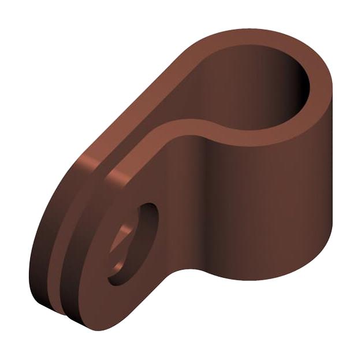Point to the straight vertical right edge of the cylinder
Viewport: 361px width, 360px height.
[333, 173]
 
